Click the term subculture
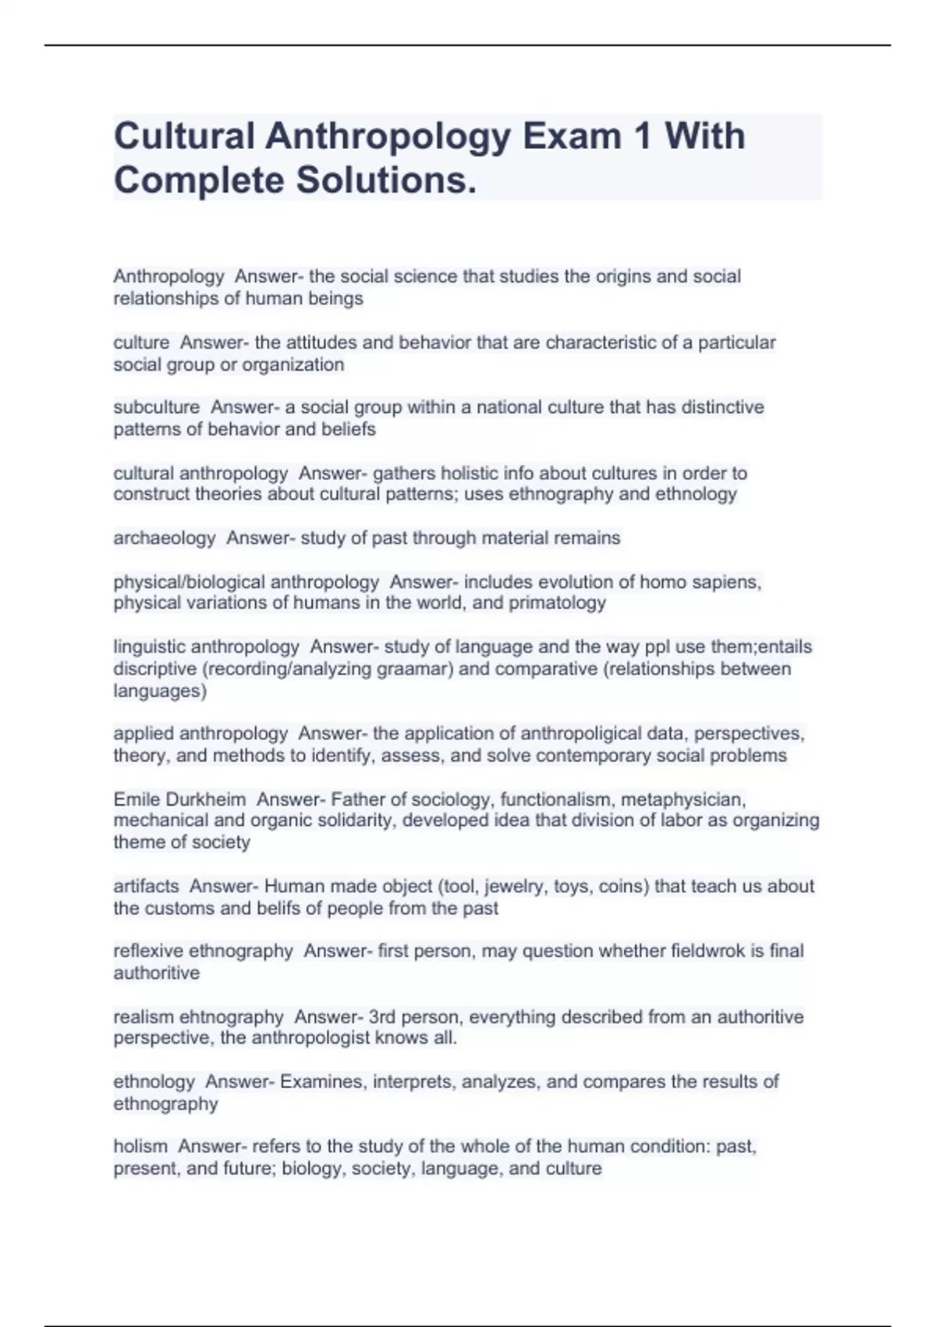tap(156, 407)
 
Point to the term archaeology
tap(164, 538)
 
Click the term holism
tap(140, 1146)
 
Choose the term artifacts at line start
tap(146, 886)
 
